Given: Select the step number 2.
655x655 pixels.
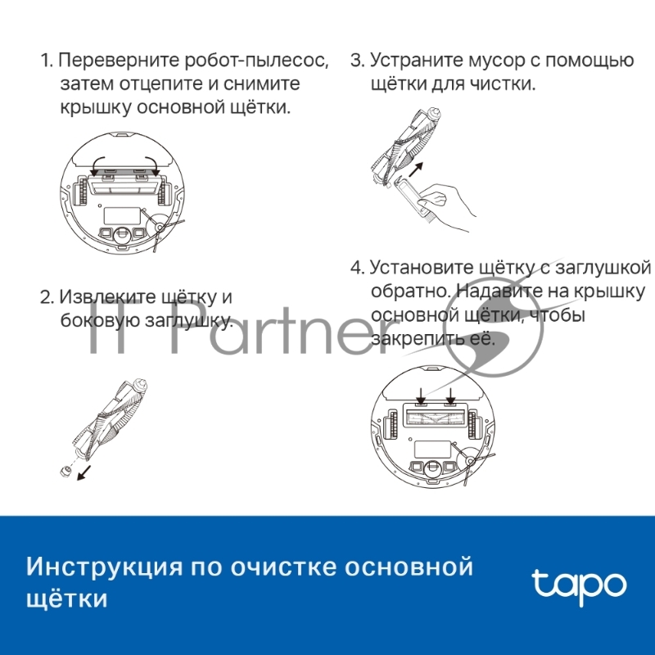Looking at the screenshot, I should point(46,297).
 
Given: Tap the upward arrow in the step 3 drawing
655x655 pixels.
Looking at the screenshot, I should point(418,169).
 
